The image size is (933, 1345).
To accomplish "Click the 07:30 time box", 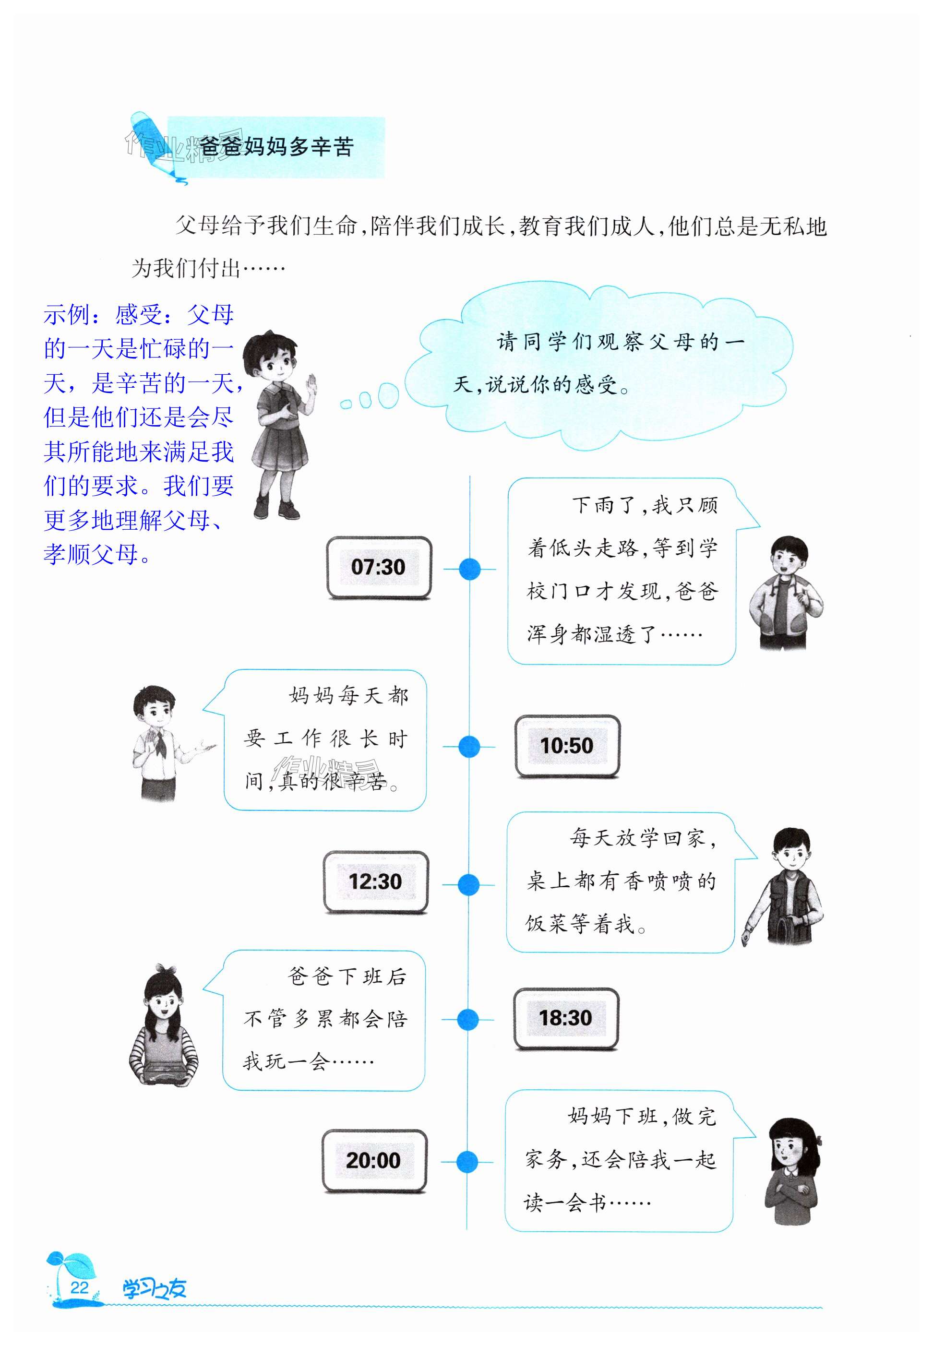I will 378,567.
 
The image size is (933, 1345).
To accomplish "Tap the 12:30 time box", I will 375,881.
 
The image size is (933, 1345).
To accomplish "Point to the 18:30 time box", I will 565,1018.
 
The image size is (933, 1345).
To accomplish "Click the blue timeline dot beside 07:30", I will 469,569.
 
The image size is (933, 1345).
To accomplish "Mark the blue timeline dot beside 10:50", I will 469,747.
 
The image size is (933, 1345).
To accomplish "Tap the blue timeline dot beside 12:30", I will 468,885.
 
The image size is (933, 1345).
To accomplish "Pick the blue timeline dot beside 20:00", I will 467,1161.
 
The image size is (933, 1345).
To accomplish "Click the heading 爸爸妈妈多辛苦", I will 276,147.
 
